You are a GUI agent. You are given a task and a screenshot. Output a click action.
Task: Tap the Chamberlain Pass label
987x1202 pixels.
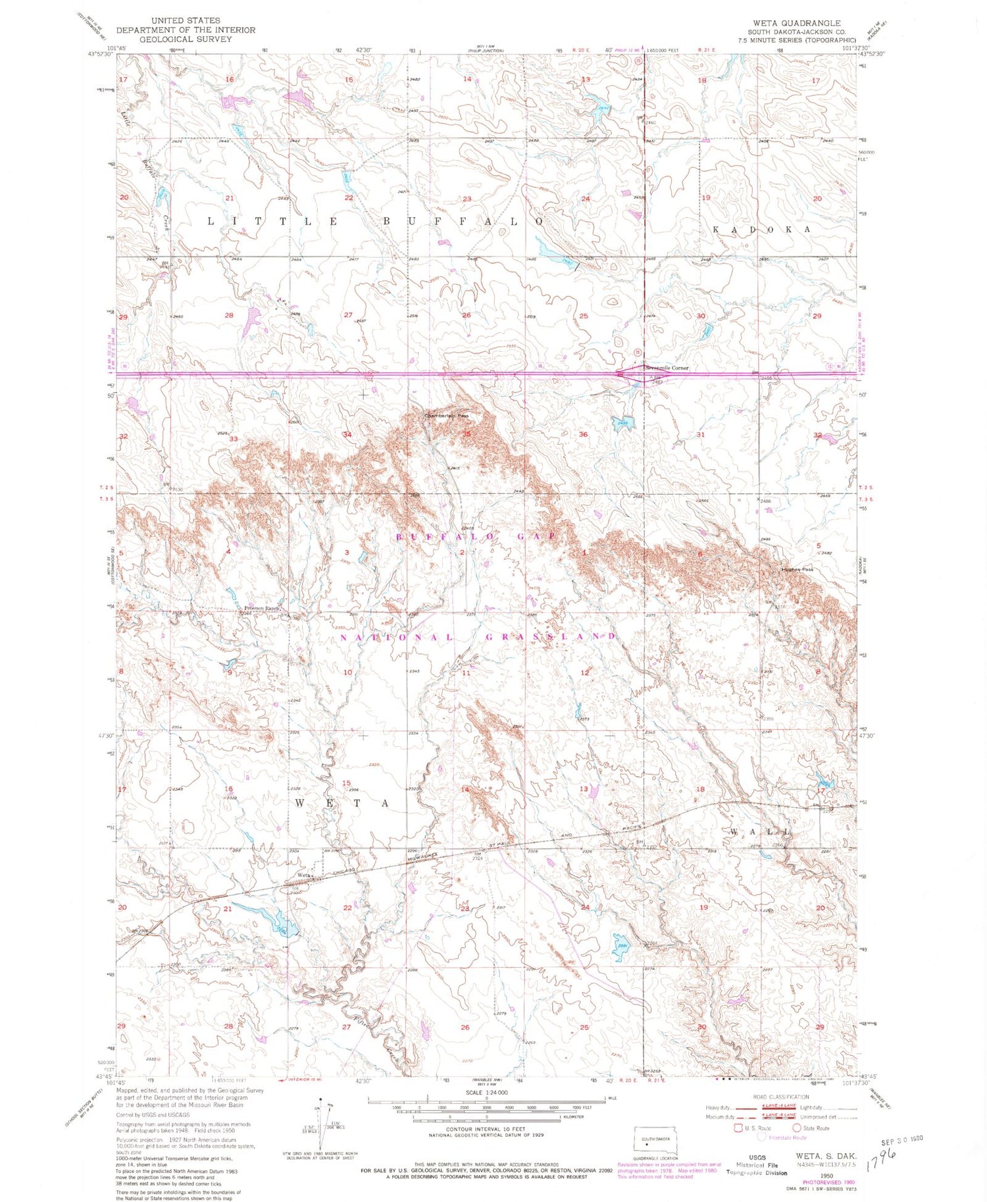tap(446, 416)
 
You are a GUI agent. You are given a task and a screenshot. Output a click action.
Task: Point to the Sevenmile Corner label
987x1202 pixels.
tap(666, 368)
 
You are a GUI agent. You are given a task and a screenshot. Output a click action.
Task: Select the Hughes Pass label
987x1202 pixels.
tap(797, 569)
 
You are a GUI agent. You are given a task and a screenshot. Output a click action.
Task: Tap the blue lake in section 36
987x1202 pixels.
tap(622, 422)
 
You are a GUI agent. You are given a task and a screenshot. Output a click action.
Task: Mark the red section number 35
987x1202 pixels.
tap(467, 434)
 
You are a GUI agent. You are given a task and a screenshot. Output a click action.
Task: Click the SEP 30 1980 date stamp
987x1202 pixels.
tap(904, 1144)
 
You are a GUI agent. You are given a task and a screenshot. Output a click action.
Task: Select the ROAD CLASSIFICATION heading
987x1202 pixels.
tap(780, 1097)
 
